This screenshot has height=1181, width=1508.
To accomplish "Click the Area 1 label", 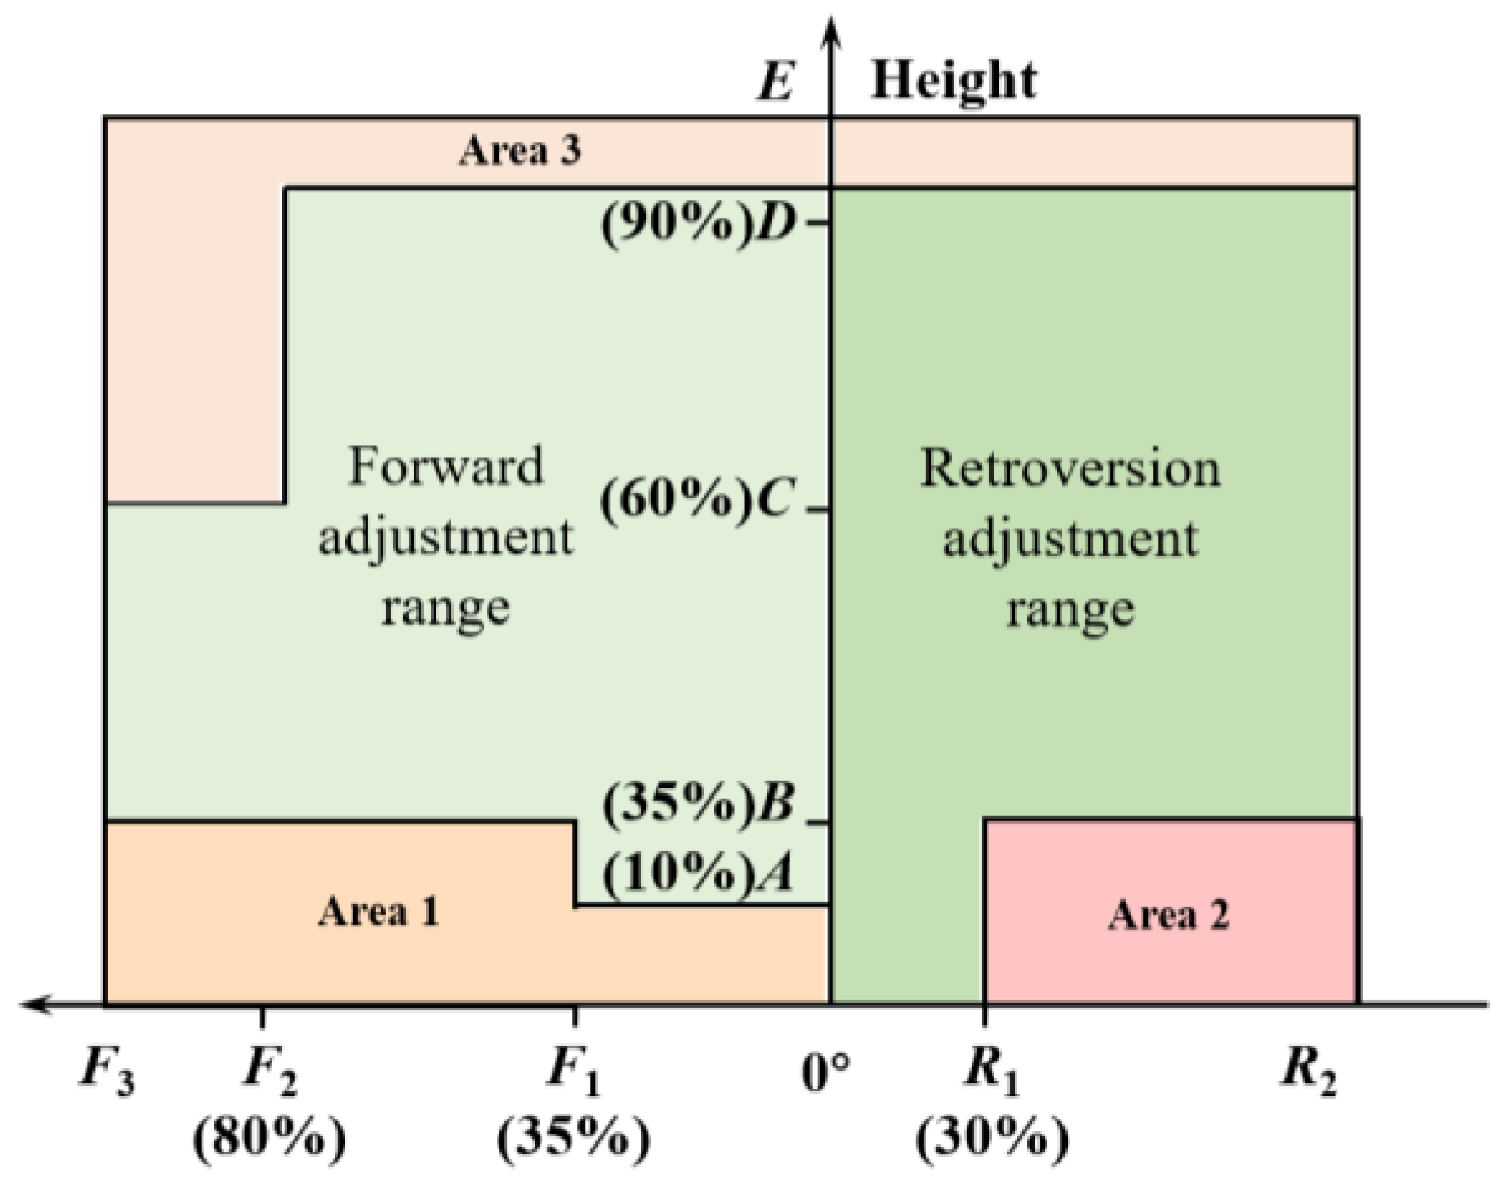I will point(378,911).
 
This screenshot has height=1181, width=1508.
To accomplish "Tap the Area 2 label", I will point(1168,914).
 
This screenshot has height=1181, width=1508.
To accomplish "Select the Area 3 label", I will point(519,150).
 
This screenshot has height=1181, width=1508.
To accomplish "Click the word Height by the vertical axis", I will point(953,81).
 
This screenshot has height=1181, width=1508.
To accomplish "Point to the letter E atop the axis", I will point(775,82).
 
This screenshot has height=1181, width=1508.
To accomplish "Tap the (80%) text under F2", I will point(269,1138).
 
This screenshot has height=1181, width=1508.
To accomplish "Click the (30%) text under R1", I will point(992,1138).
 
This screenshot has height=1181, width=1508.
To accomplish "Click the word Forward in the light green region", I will point(446,466).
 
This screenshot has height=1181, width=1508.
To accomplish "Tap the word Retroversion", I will point(1070,468).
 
